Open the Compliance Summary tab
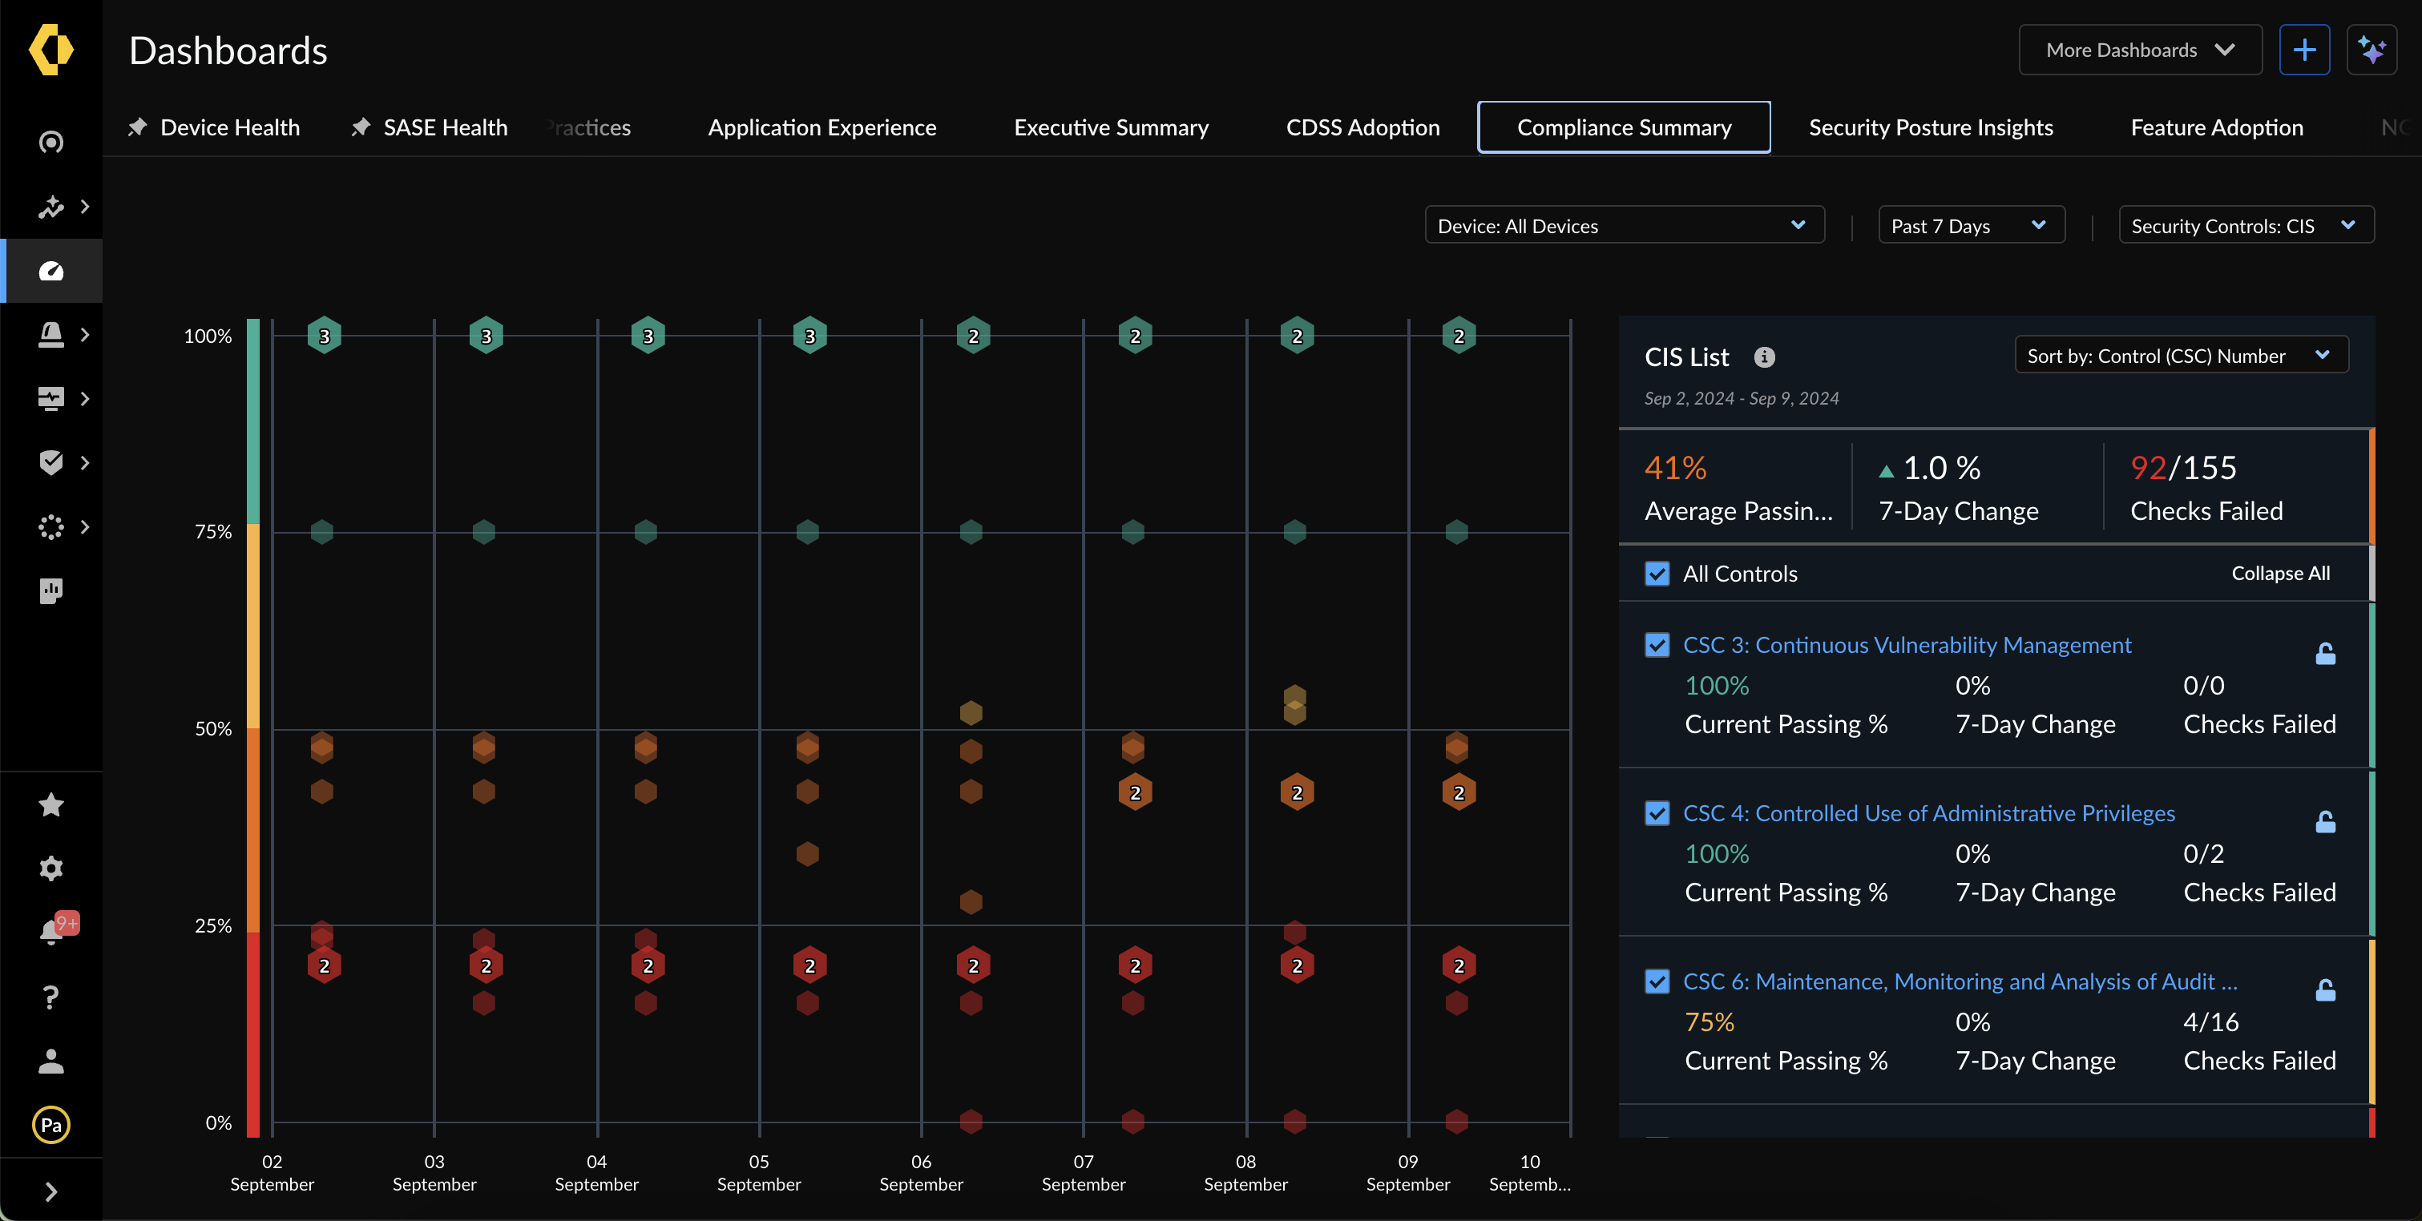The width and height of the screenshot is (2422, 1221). pos(1624,127)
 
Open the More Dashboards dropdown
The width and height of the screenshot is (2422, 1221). pos(2139,50)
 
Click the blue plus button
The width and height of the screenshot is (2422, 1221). pos(2303,50)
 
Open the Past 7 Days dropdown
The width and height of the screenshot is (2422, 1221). pos(1970,226)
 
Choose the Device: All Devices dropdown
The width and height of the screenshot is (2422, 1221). pos(1623,226)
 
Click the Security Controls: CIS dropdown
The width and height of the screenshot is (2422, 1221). pos(2244,226)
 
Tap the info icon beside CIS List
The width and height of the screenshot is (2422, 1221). pos(1764,357)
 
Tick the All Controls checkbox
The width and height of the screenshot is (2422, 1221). pos(1657,574)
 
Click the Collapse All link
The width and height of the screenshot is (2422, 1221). pos(2279,574)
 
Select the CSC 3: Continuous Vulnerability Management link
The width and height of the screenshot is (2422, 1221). pos(1906,645)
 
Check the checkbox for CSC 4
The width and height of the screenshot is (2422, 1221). pos(1657,813)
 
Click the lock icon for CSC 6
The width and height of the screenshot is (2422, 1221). pos(2324,989)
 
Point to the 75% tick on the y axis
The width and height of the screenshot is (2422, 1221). pos(212,532)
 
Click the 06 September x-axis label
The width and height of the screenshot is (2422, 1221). pos(921,1172)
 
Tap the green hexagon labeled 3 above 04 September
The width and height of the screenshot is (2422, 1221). pos(648,336)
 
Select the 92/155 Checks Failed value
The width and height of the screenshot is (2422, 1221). pos(2182,468)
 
